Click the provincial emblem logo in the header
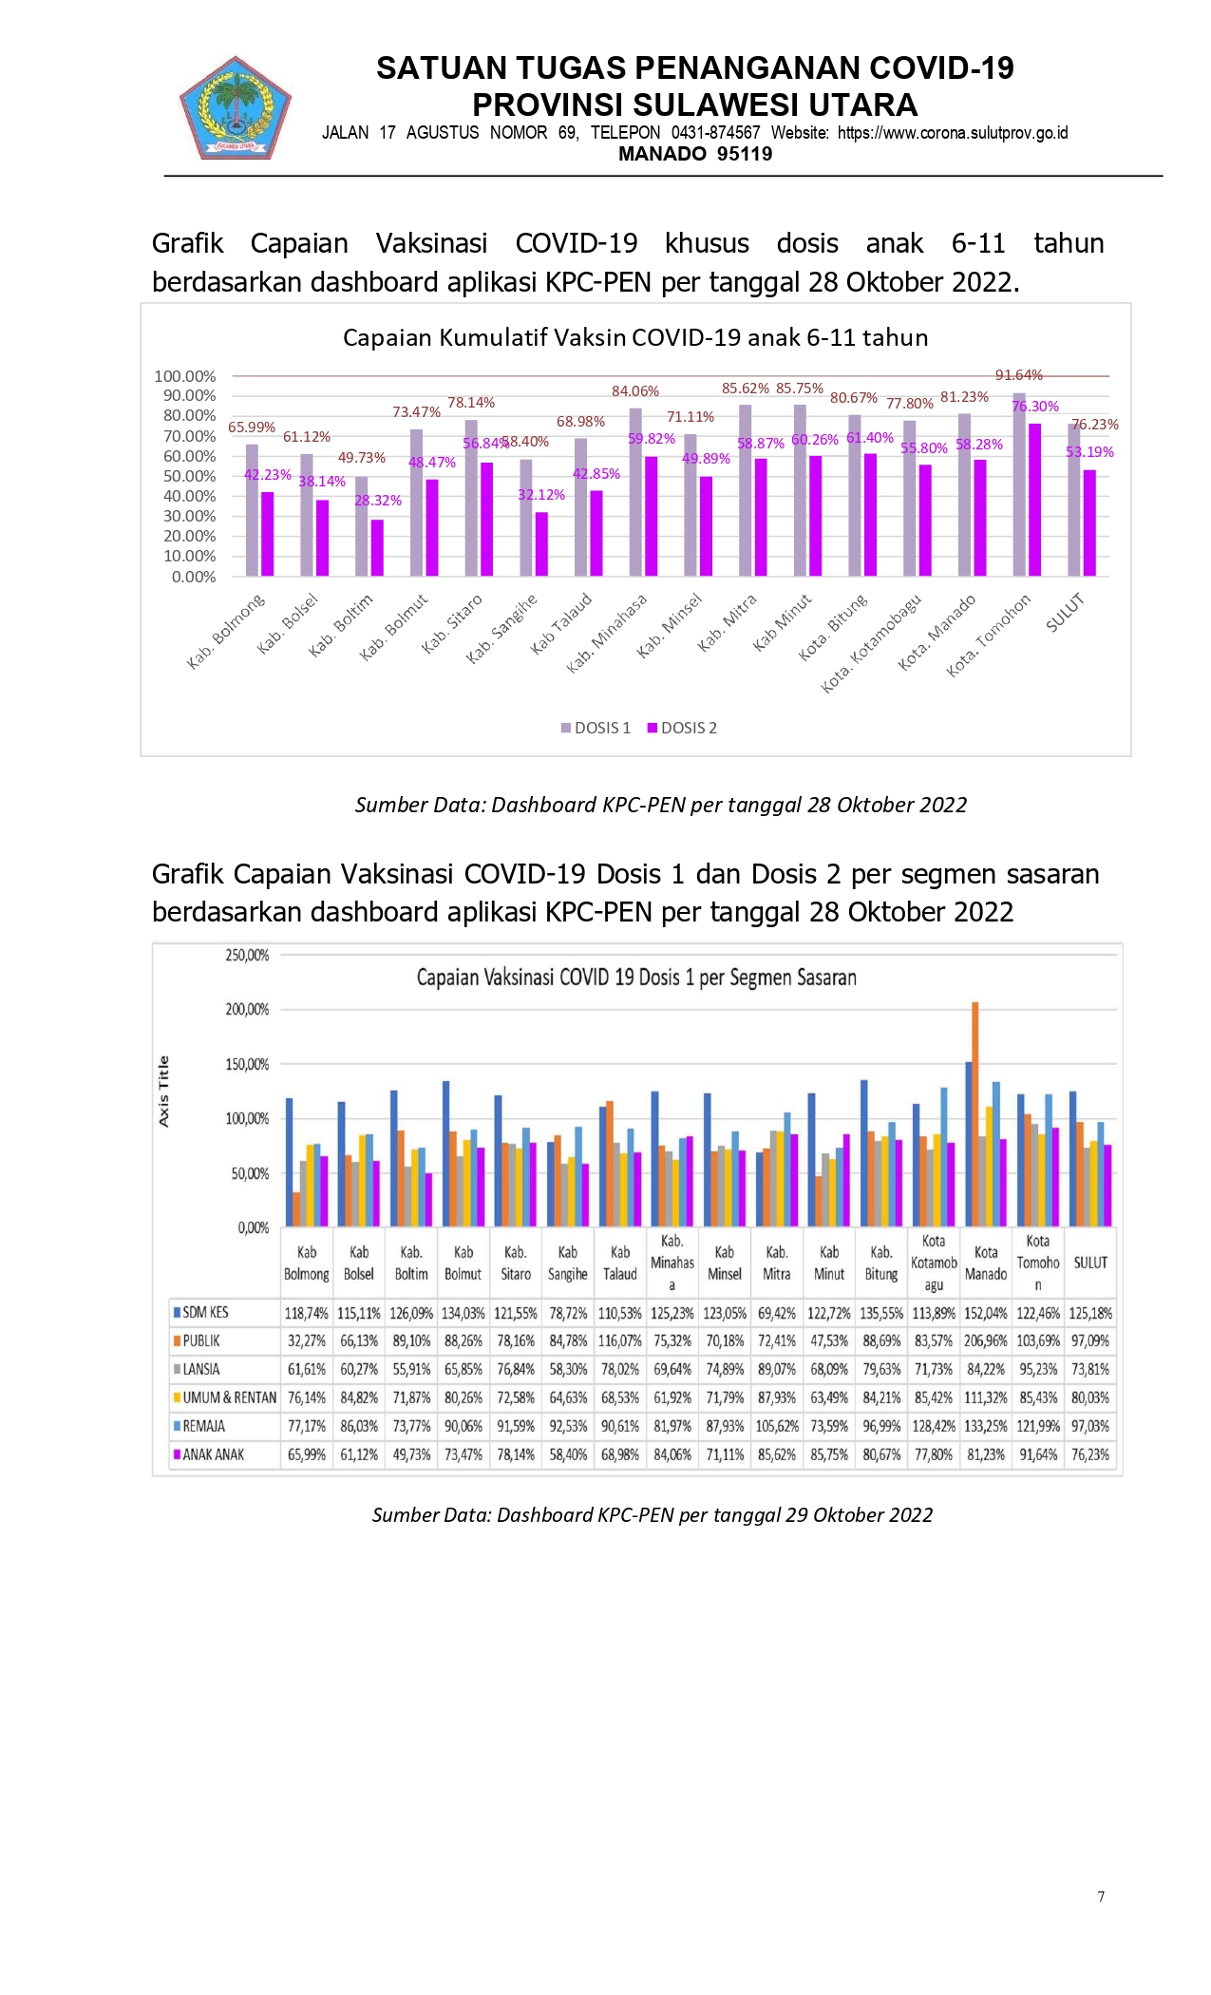(235, 106)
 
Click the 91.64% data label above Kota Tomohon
(1018, 375)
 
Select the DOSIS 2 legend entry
(682, 728)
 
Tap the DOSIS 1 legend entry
(596, 728)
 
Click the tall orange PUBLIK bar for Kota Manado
(975, 1113)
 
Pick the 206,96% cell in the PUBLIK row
(986, 1340)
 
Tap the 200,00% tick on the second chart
(247, 1009)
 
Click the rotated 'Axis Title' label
(163, 1092)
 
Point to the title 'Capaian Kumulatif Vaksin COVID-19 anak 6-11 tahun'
(635, 337)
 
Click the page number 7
(1101, 1897)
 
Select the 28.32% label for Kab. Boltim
(378, 501)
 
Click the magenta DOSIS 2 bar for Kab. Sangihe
(541, 544)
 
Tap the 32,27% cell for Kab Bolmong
(307, 1340)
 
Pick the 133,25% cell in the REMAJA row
(986, 1426)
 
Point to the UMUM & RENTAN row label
(229, 1397)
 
